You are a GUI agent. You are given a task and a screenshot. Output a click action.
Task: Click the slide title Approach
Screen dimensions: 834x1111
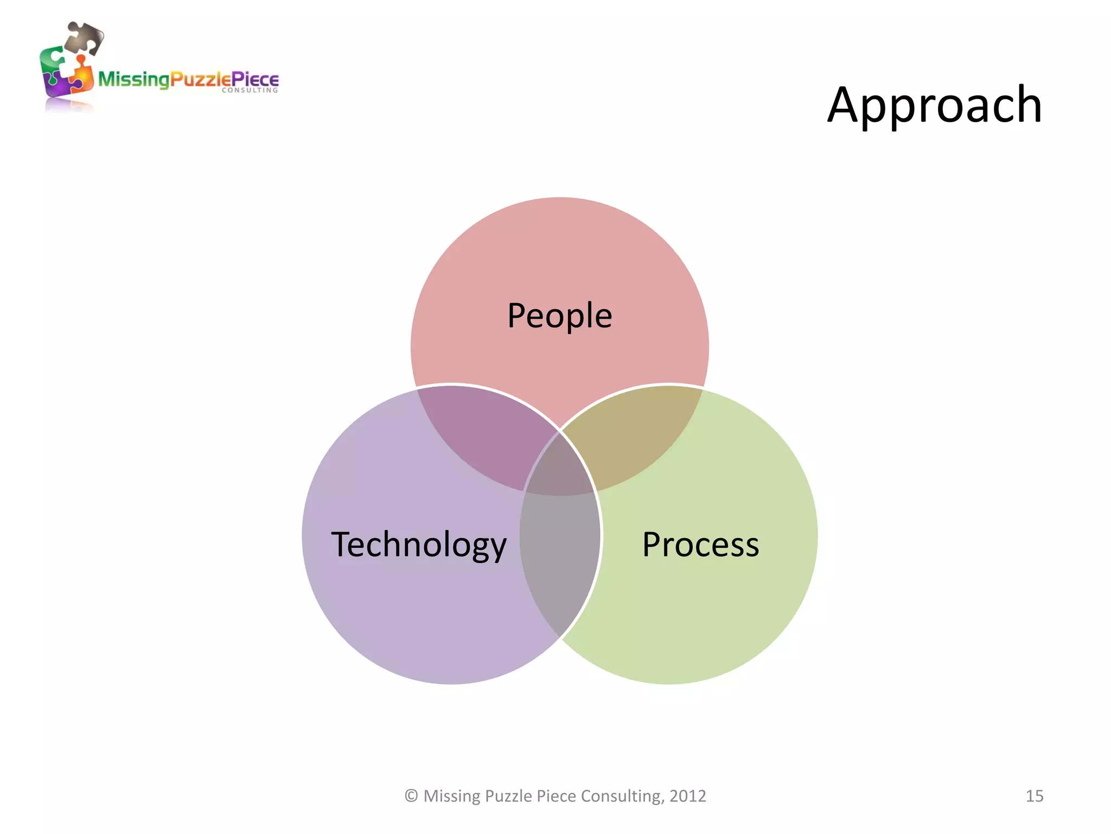pos(934,105)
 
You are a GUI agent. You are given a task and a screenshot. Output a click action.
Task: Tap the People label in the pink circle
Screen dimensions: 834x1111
pos(559,315)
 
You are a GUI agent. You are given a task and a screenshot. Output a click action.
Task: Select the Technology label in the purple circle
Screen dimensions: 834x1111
pos(419,545)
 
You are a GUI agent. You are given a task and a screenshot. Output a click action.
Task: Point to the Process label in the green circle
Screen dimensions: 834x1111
pos(700,545)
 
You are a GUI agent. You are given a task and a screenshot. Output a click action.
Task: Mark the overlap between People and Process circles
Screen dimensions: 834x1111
pos(640,434)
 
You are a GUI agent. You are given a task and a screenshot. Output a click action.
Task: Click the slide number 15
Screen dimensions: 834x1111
pos(1034,796)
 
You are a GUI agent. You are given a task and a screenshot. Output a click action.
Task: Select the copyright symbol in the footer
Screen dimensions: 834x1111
pos(411,796)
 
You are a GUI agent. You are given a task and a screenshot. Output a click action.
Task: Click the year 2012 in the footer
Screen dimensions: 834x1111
pos(687,796)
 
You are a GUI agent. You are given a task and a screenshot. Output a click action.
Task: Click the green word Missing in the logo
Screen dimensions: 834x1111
pos(133,80)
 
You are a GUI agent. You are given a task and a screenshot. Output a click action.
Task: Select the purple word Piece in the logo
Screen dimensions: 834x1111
pos(254,80)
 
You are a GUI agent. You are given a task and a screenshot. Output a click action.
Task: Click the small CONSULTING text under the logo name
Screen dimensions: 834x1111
pos(250,91)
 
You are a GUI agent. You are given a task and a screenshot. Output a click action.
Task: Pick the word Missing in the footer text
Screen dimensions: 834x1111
pos(451,796)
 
